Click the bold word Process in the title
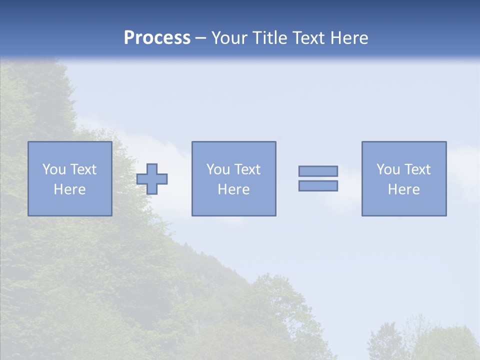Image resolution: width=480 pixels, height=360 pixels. coord(157,38)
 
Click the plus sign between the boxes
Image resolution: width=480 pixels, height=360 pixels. coord(152,179)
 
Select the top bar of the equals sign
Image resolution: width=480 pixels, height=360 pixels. coord(318,171)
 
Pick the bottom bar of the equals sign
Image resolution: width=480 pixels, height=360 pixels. coord(318,186)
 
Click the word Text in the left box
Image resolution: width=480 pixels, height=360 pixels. coord(83,169)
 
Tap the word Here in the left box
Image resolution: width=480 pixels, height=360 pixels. coord(69,189)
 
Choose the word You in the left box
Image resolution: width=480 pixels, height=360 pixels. coord(54,169)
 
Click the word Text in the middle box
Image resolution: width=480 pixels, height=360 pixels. coord(247,169)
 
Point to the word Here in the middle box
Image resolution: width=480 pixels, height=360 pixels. coord(233,189)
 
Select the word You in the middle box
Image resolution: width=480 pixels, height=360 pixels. coord(218,169)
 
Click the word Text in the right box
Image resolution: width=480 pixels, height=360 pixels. coord(417,169)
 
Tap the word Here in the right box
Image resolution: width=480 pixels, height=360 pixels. coord(403,189)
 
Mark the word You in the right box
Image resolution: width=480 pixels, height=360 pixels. coord(388,169)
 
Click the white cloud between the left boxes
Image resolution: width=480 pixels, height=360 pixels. coord(150,145)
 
